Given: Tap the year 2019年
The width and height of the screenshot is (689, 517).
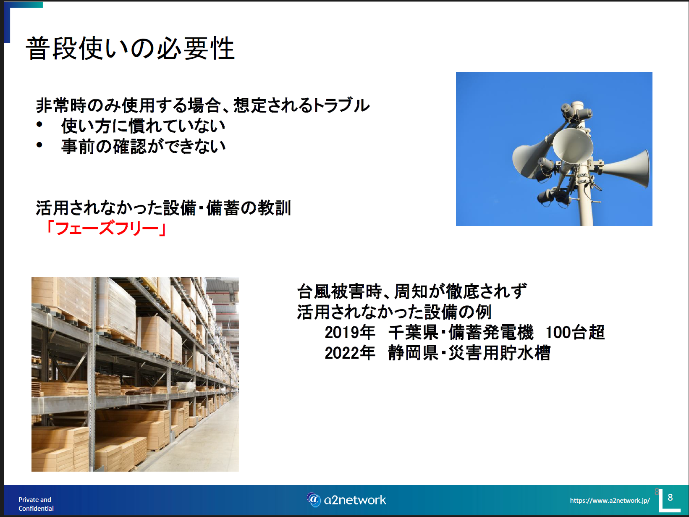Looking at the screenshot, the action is [x=350, y=333].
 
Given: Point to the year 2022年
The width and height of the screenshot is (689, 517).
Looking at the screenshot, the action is [x=350, y=353].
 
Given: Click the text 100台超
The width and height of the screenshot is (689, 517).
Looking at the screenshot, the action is [x=575, y=333].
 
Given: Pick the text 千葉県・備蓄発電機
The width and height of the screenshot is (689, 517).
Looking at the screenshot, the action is [x=461, y=333].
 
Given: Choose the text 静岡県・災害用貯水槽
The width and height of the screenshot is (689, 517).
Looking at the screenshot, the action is [x=469, y=353].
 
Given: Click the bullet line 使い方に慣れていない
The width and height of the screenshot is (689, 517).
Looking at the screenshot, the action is [x=143, y=126].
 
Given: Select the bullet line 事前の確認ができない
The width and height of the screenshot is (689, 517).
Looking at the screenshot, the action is [x=143, y=146].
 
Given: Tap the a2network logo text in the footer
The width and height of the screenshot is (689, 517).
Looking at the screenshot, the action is [x=355, y=500].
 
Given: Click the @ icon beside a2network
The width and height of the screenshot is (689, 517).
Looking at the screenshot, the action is [x=314, y=499].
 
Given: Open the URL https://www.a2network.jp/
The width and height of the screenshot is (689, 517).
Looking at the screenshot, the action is [x=610, y=500].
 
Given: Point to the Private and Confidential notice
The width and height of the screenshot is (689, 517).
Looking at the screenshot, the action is [x=36, y=504].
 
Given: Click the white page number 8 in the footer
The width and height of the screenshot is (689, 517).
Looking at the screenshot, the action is [x=670, y=498].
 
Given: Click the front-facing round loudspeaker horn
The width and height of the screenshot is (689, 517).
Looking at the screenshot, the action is [x=573, y=145].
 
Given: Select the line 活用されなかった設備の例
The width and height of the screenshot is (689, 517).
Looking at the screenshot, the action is [x=394, y=312].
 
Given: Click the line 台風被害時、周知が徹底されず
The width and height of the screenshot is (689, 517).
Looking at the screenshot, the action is [x=412, y=291].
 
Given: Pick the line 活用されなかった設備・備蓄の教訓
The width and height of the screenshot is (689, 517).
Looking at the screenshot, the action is [x=164, y=208].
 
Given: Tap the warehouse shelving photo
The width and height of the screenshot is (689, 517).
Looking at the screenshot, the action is [x=135, y=374].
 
